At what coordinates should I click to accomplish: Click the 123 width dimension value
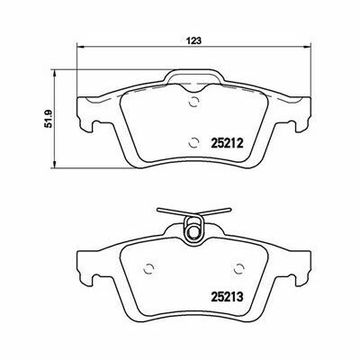pyautogui.click(x=194, y=40)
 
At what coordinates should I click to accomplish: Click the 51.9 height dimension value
pyautogui.click(x=49, y=119)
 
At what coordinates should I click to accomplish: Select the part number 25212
pyautogui.click(x=227, y=143)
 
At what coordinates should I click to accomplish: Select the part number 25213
pyautogui.click(x=227, y=297)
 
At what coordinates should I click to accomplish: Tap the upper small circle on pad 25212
pyautogui.click(x=194, y=102)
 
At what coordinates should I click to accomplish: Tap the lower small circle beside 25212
pyautogui.click(x=194, y=142)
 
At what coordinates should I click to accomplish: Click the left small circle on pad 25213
pyautogui.click(x=148, y=269)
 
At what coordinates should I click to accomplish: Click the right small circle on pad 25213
pyautogui.click(x=239, y=269)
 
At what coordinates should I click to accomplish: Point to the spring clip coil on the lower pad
pyautogui.click(x=194, y=229)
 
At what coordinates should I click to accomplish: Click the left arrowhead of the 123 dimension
pyautogui.click(x=81, y=47)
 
